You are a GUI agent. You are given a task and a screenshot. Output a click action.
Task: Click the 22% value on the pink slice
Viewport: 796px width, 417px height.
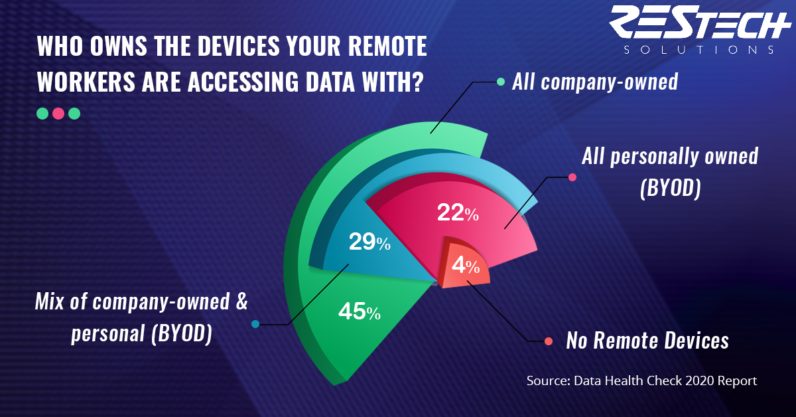458,212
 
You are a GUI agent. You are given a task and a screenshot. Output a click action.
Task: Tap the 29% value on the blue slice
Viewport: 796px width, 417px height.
369,242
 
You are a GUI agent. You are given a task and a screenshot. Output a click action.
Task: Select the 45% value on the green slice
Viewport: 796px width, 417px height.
360,311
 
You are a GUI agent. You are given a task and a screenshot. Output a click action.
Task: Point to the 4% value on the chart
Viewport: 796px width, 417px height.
466,266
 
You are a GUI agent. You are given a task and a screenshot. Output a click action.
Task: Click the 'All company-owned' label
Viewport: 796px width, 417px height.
595,82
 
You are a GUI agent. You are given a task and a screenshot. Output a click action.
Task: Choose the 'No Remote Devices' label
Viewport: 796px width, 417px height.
647,341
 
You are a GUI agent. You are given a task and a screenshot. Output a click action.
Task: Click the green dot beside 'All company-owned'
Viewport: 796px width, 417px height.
500,82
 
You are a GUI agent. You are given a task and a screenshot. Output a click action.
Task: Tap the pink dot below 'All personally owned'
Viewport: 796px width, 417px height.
572,177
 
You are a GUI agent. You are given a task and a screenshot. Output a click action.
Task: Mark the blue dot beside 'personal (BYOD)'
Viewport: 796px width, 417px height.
255,324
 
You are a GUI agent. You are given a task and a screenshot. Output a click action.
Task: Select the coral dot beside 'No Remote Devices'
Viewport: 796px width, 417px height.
549,341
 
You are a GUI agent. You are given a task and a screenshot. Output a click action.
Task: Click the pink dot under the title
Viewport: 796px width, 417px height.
58,114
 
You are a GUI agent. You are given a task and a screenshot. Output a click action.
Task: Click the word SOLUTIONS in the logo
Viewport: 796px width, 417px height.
698,50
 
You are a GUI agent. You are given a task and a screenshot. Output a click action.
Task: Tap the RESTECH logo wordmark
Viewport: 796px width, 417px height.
700,21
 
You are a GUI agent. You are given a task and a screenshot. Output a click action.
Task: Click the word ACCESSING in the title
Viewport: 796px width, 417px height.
243,82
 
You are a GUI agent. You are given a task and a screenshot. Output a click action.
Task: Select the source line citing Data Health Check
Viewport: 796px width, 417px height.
642,380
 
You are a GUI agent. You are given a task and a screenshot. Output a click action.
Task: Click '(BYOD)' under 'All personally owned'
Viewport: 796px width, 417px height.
671,188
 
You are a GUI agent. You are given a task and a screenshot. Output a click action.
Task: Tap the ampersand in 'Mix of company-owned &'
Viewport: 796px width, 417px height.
241,301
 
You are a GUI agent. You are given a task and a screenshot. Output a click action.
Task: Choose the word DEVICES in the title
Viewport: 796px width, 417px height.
239,46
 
